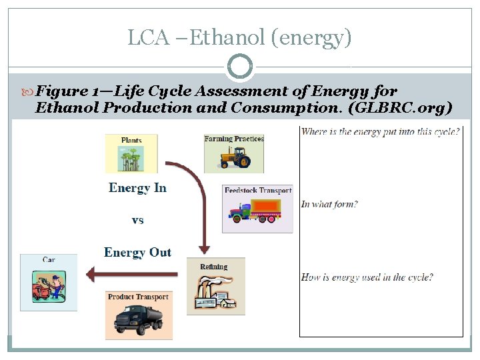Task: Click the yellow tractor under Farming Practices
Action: click(234, 157)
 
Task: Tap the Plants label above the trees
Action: click(131, 141)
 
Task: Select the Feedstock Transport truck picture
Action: click(257, 213)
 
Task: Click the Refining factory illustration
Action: click(215, 292)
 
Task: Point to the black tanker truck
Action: click(139, 319)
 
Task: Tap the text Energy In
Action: click(137, 188)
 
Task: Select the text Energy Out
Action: click(137, 253)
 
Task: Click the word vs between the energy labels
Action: click(137, 220)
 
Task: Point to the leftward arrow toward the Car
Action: click(127, 273)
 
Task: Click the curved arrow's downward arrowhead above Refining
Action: click(205, 247)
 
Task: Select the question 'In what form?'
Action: click(329, 204)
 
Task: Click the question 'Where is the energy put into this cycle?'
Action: click(380, 131)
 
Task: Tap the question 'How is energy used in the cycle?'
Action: click(367, 277)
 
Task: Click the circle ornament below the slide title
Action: click(240, 67)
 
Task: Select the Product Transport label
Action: click(139, 297)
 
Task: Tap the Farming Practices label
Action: click(234, 139)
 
